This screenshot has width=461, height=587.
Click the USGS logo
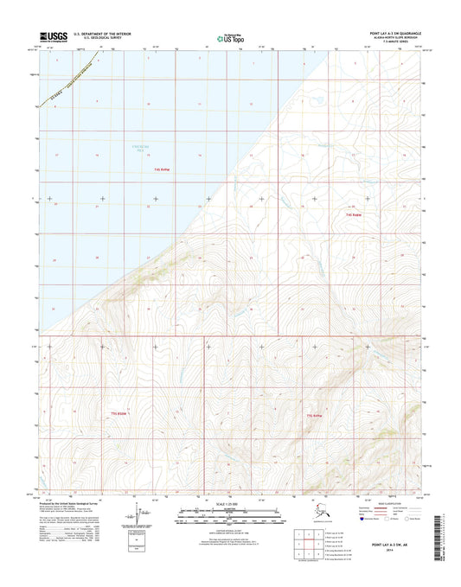tap(58, 38)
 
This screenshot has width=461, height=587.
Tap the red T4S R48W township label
tap(353, 214)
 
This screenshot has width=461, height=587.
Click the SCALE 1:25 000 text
tap(229, 504)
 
